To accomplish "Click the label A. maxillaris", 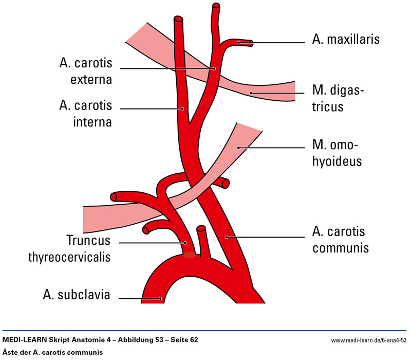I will click(346, 40).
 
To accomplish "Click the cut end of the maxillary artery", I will click(251, 43).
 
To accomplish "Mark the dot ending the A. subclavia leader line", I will click(160, 298).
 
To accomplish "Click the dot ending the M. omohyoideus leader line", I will click(239, 148).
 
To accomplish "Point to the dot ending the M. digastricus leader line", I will click(250, 93).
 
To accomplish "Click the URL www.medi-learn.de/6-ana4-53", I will click(368, 341).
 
